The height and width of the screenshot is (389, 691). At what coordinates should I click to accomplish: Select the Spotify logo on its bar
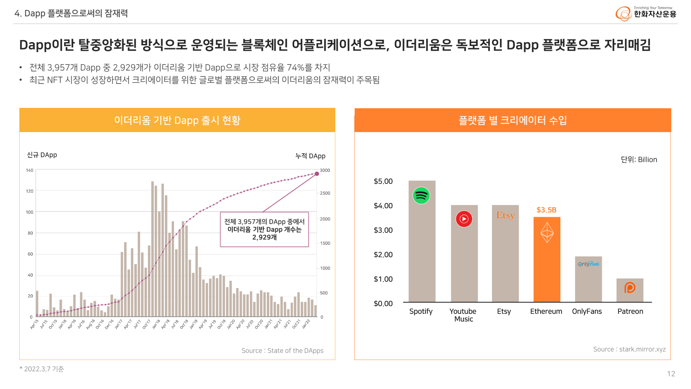[x=421, y=195]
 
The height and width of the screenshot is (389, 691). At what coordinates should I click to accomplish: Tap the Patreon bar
[x=629, y=290]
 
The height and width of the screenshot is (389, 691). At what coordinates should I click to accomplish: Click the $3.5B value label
[x=546, y=210]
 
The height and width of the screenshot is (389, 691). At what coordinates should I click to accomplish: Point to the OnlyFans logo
[x=588, y=264]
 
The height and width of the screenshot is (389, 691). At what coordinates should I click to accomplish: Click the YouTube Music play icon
[x=464, y=219]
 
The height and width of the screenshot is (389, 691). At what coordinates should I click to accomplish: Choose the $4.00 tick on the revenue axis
[x=383, y=206]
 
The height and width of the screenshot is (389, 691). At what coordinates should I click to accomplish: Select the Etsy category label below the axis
[x=504, y=311]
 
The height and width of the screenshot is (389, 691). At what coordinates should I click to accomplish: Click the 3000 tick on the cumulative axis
[x=325, y=170]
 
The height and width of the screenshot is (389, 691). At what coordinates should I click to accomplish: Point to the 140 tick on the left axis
[x=30, y=170]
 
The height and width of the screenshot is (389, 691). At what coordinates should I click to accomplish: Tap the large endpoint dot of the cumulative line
[x=317, y=174]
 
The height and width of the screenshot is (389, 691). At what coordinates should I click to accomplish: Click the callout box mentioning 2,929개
[x=264, y=229]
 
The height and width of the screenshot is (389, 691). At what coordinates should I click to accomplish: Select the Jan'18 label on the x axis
[x=156, y=324]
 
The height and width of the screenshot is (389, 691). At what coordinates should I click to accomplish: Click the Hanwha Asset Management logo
[x=645, y=13]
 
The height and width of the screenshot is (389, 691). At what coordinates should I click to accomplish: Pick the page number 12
[x=671, y=373]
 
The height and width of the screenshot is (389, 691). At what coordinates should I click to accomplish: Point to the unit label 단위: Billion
[x=638, y=159]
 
